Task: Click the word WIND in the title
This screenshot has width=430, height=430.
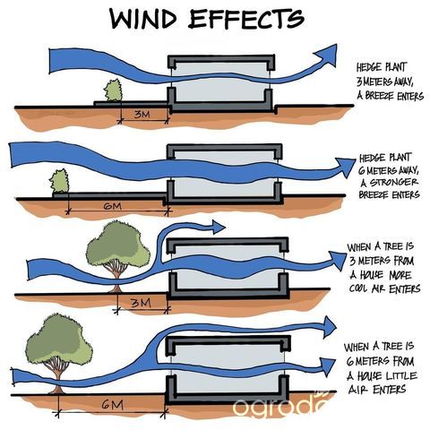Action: (143, 19)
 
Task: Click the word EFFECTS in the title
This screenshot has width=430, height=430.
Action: (246, 19)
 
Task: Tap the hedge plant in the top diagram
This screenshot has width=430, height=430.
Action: (113, 90)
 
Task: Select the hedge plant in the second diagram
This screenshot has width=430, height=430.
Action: (59, 181)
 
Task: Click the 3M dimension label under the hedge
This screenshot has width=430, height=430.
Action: (142, 114)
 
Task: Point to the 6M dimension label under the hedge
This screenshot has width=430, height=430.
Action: (112, 206)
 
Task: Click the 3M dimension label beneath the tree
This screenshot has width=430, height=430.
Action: (141, 303)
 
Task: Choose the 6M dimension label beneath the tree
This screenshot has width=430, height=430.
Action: (112, 405)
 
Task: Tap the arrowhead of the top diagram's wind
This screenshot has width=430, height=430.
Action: (326, 55)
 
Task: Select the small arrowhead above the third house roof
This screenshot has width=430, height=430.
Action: (219, 227)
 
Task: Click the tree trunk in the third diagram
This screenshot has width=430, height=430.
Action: (116, 280)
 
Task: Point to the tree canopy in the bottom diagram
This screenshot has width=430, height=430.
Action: (59, 339)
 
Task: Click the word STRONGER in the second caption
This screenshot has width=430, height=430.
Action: (393, 182)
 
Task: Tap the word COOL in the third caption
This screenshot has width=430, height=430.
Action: (359, 288)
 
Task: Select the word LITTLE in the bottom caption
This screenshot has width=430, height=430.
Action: (401, 375)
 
